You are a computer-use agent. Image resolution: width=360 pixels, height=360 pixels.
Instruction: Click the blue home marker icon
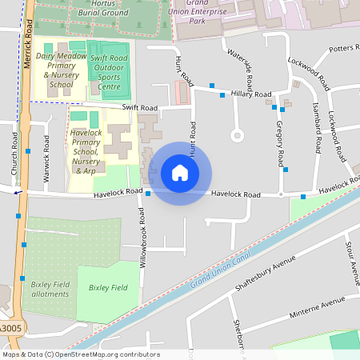[180, 173]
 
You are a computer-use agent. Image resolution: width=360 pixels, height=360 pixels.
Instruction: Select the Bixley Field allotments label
[50, 289]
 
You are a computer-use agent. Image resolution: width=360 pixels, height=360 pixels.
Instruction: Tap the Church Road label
[14, 154]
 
